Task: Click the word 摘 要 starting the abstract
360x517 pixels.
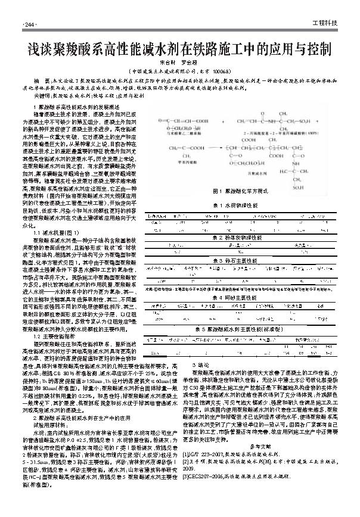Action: coord(42,79)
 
